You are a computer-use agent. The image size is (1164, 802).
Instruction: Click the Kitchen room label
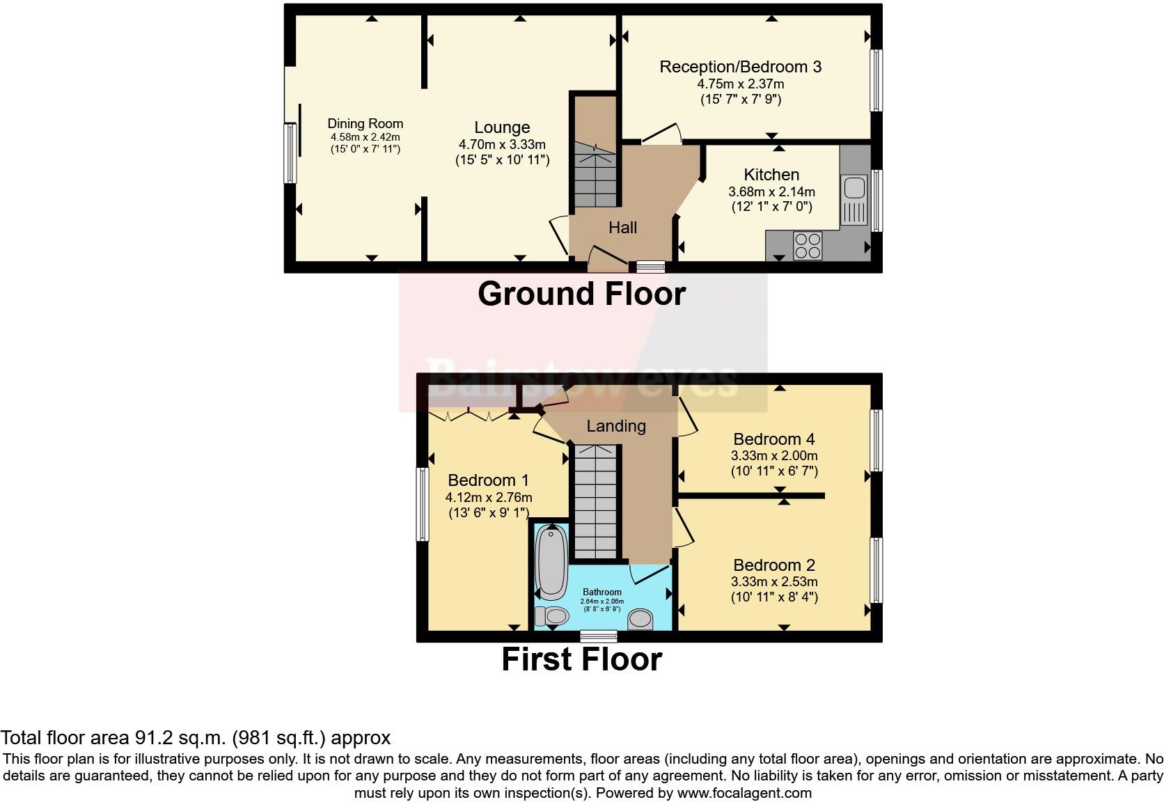[771, 175]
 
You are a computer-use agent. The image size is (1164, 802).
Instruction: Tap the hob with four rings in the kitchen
[808, 246]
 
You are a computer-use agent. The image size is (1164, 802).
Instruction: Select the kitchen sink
[854, 188]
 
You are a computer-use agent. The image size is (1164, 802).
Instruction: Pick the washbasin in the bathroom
[640, 618]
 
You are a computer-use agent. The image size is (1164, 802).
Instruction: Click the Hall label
[622, 228]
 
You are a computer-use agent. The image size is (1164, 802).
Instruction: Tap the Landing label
[616, 426]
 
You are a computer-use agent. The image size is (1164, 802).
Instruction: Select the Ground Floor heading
[581, 294]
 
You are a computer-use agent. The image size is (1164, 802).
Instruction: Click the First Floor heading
[581, 659]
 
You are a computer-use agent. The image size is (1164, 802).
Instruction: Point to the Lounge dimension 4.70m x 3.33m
[502, 145]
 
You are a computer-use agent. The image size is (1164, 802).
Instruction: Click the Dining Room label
[365, 123]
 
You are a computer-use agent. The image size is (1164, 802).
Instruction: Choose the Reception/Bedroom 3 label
[740, 67]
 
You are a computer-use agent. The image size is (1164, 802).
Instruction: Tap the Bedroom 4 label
[774, 439]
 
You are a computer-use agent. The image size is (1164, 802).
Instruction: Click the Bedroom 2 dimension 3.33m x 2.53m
[774, 582]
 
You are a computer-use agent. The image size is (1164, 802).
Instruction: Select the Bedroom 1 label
[488, 480]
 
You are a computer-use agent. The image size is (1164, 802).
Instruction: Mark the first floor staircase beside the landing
[595, 501]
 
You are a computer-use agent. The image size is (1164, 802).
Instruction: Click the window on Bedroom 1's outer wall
[422, 504]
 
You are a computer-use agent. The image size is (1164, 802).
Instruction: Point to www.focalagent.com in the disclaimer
[744, 793]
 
